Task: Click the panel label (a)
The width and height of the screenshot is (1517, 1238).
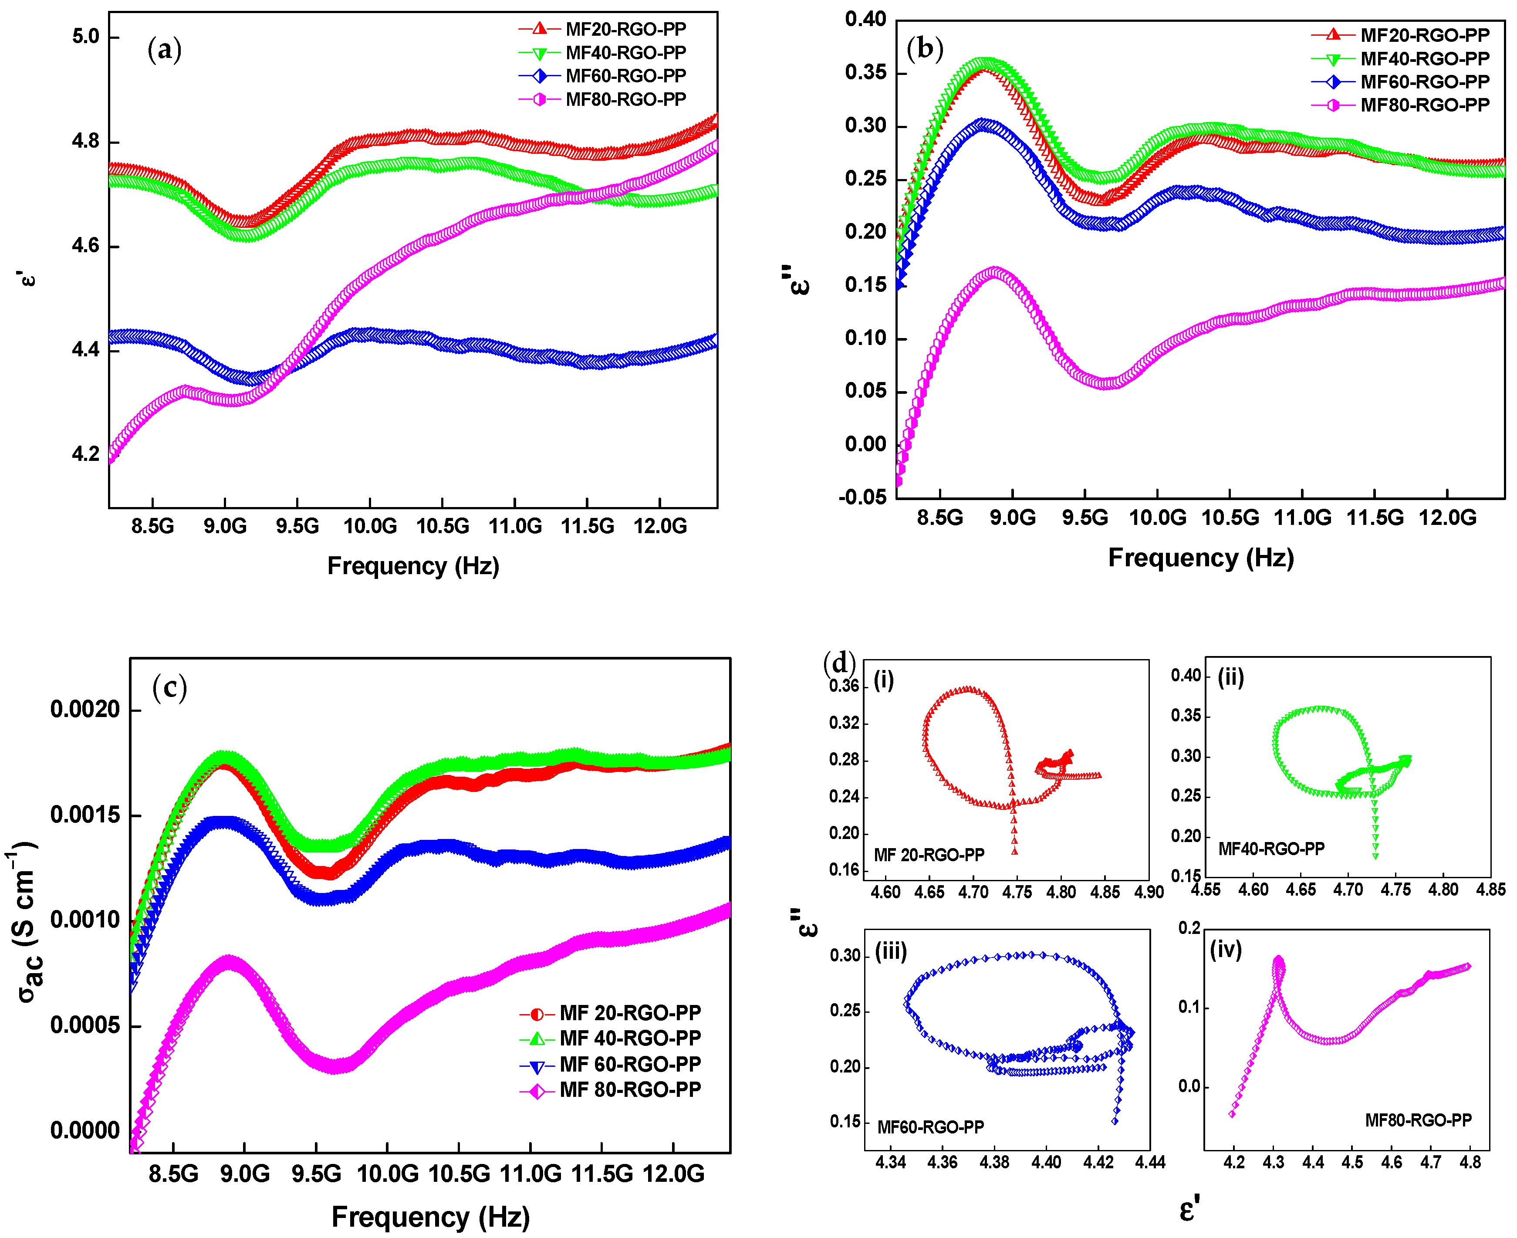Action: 164,50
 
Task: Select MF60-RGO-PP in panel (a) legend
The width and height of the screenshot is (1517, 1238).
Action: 625,76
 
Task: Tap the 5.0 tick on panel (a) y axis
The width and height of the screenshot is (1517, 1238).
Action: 85,36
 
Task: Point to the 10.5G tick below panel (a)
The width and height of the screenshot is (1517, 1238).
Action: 442,526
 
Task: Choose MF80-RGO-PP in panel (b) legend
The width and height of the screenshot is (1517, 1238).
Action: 1424,105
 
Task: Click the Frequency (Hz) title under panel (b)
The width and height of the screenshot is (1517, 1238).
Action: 1200,558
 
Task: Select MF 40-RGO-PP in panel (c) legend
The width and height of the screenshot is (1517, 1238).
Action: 629,1038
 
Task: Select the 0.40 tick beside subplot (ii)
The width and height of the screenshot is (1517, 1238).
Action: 1186,675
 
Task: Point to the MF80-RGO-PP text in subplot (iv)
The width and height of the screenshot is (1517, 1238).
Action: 1417,1120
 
